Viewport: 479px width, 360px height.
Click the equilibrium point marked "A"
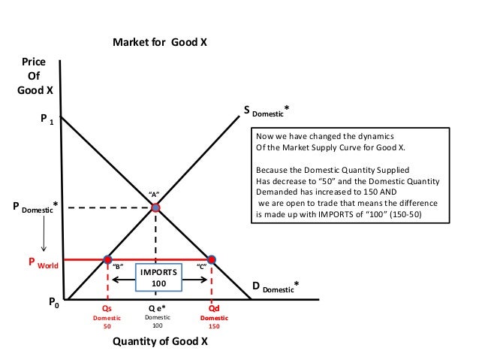pyautogui.click(x=156, y=207)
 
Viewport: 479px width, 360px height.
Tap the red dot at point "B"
pyautogui.click(x=107, y=259)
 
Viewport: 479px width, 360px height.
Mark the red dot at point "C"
pyautogui.click(x=212, y=259)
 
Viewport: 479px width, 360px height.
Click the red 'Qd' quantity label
pyautogui.click(x=212, y=308)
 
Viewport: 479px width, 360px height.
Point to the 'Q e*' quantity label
pyautogui.click(x=157, y=308)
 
